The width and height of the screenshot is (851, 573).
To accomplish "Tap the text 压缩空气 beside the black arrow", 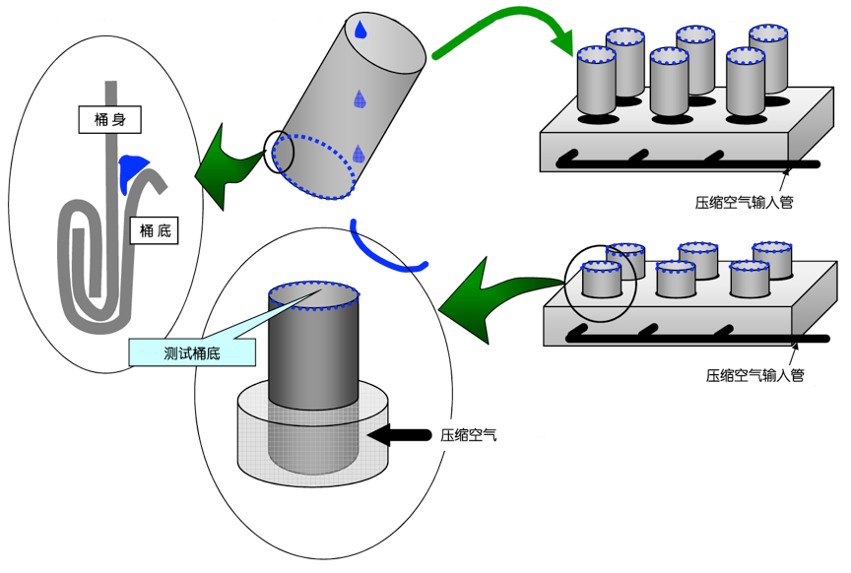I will click(468, 433).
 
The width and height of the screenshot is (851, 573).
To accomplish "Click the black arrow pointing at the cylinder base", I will click(400, 433).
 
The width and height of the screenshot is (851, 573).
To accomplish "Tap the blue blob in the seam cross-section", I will click(133, 169).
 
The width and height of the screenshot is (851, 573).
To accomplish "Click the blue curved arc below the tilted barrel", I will click(390, 254).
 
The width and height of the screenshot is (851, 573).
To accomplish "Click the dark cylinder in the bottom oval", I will click(311, 350).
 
